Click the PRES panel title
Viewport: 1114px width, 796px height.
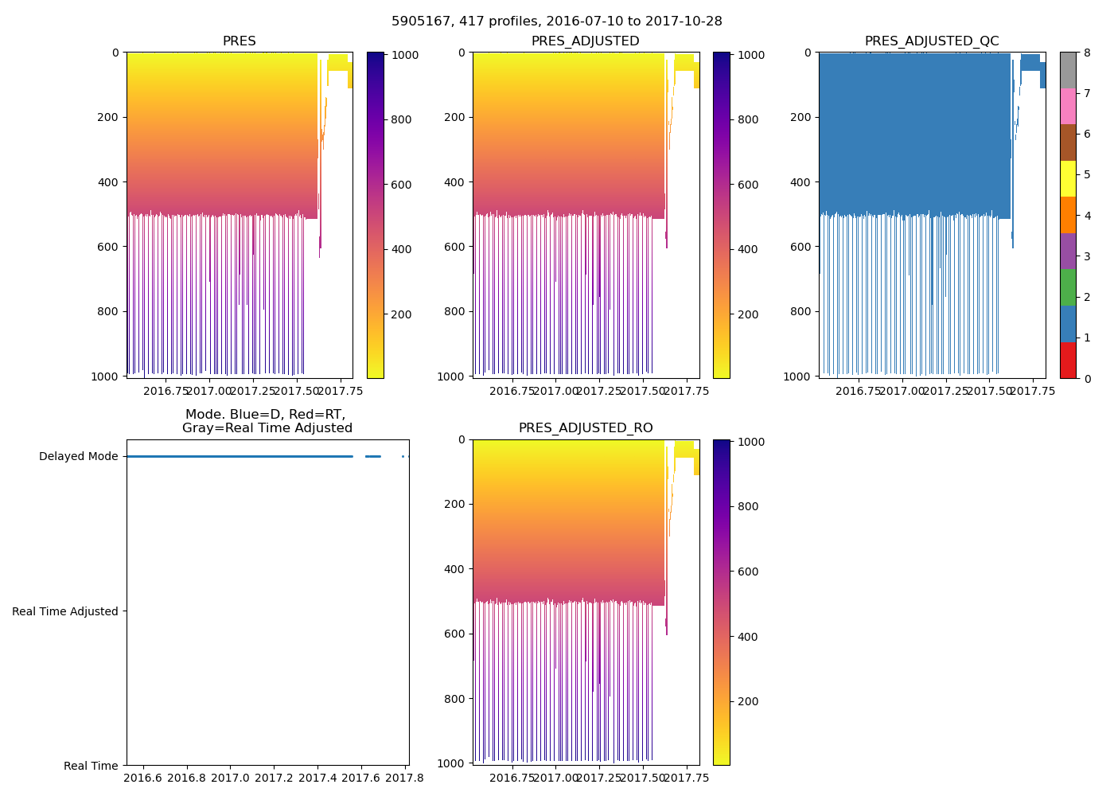point(239,41)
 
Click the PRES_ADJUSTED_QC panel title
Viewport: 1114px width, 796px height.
point(931,41)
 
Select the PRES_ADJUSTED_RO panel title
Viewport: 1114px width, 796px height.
point(586,428)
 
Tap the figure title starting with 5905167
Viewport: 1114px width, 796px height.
point(557,21)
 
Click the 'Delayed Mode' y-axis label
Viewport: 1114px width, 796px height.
point(78,457)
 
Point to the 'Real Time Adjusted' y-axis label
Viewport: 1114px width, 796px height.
point(65,611)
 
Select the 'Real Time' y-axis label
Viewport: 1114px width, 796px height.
point(91,766)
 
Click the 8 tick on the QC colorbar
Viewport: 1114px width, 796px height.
point(1087,53)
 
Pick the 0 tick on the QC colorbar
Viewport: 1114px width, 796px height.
point(1087,379)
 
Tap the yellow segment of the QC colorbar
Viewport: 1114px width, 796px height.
point(1068,178)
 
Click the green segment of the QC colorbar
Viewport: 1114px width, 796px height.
point(1068,287)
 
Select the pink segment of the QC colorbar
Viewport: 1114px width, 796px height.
point(1068,106)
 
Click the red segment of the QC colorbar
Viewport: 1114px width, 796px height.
point(1068,360)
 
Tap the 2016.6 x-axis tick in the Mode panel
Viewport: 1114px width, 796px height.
point(143,778)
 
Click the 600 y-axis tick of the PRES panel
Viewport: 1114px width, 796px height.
point(110,247)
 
